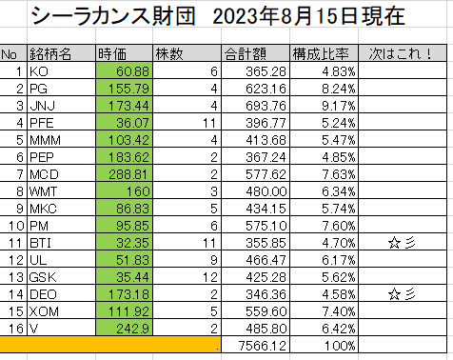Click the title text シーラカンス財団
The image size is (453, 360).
point(113,16)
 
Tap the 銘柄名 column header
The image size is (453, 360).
point(50,54)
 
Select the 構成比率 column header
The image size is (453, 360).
point(321,54)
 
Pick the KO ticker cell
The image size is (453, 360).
point(39,71)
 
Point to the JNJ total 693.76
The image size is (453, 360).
point(266,106)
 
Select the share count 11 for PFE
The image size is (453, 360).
point(209,123)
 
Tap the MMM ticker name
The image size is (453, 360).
point(45,140)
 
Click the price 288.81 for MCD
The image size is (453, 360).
point(128,174)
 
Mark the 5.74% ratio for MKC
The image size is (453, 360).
point(339,209)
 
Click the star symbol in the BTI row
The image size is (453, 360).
point(394,244)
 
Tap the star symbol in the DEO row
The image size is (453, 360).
point(394,294)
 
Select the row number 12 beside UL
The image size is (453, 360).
point(16,260)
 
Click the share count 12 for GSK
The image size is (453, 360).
point(210,277)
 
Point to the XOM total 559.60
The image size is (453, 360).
point(266,311)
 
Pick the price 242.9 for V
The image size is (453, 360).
point(132,329)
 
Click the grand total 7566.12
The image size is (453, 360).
point(263,346)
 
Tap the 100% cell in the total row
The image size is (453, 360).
point(340,346)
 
